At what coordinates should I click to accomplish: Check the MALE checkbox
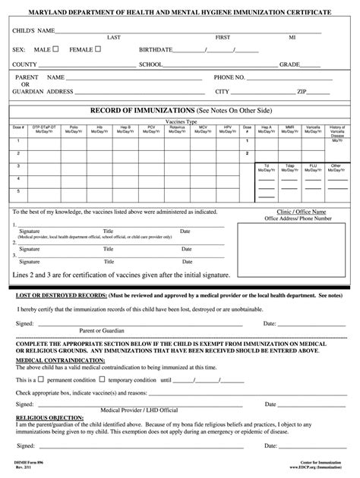pyautogui.click(x=55, y=49)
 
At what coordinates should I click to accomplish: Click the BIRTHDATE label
pyautogui.click(x=156, y=50)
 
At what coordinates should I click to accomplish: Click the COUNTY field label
pyautogui.click(x=25, y=64)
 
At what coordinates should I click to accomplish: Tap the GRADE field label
pyautogui.click(x=289, y=64)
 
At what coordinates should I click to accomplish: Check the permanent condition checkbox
pyautogui.click(x=41, y=357)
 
